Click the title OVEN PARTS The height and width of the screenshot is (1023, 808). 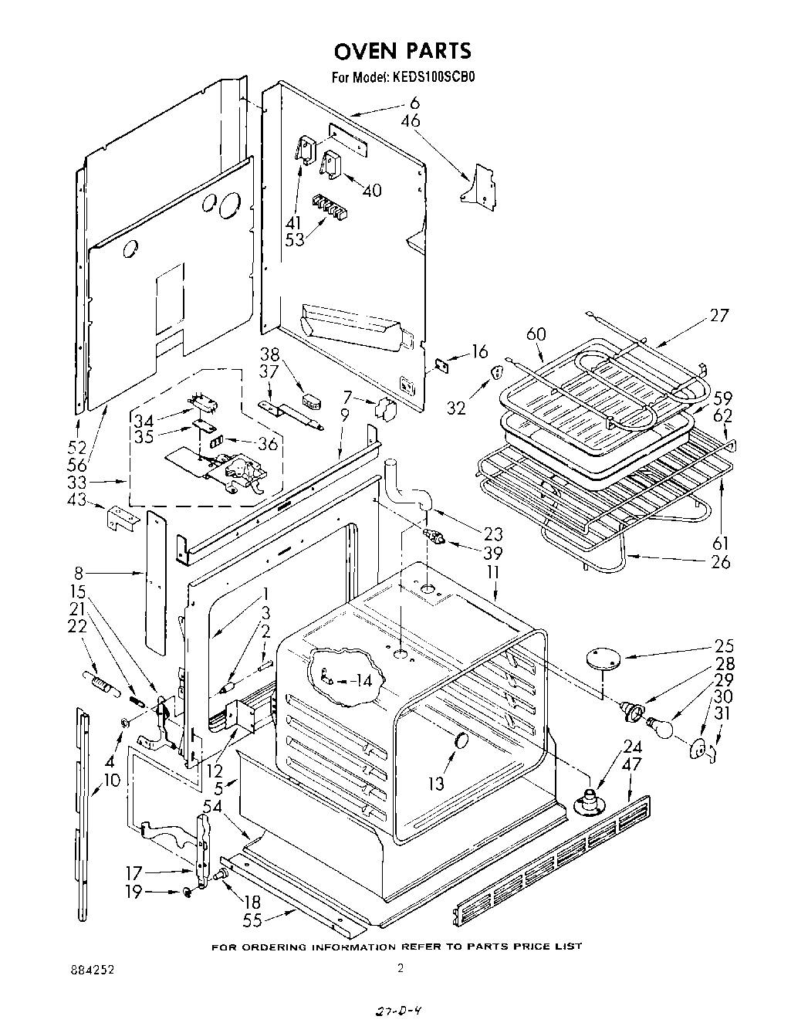tap(401, 51)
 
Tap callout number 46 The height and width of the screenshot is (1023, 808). tap(411, 120)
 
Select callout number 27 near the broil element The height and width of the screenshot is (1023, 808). tap(718, 315)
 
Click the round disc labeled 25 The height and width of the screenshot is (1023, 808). tap(604, 658)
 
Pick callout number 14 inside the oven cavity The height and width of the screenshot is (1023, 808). tap(360, 680)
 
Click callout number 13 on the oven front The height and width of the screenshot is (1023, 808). tap(436, 784)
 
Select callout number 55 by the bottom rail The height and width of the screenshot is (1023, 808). tap(252, 920)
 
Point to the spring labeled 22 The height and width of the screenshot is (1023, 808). tap(99, 683)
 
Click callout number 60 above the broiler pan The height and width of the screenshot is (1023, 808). tap(536, 334)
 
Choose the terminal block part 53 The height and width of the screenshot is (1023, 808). tap(327, 205)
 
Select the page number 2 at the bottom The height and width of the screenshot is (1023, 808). tap(400, 969)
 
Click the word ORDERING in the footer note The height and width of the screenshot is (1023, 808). tap(273, 947)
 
